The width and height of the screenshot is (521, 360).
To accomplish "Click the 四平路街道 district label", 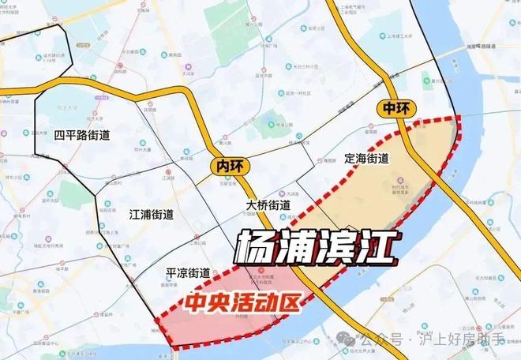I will coord(82,135).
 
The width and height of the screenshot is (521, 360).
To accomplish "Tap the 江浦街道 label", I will coord(151,214).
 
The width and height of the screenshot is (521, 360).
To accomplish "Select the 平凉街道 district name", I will coord(188,273).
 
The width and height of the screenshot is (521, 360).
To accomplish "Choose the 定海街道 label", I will coord(367,158).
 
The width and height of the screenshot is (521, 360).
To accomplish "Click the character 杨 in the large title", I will coord(260,245).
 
